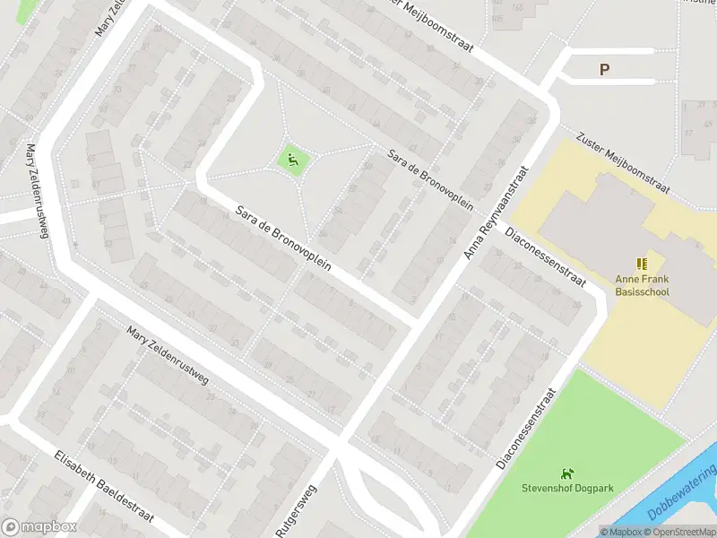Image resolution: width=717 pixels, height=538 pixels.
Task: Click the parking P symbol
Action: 604,69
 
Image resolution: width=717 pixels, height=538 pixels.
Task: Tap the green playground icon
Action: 293,161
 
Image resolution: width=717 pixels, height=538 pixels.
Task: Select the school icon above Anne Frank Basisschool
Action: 642,264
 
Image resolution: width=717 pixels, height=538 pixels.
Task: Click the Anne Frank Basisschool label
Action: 642,285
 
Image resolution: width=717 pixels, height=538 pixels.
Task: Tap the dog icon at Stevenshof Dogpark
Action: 566,473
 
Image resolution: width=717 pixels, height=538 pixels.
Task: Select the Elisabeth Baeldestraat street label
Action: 104,488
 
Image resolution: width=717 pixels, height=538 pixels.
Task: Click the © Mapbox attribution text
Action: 621,532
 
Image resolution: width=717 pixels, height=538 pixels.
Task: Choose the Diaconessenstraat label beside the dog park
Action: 527,429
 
